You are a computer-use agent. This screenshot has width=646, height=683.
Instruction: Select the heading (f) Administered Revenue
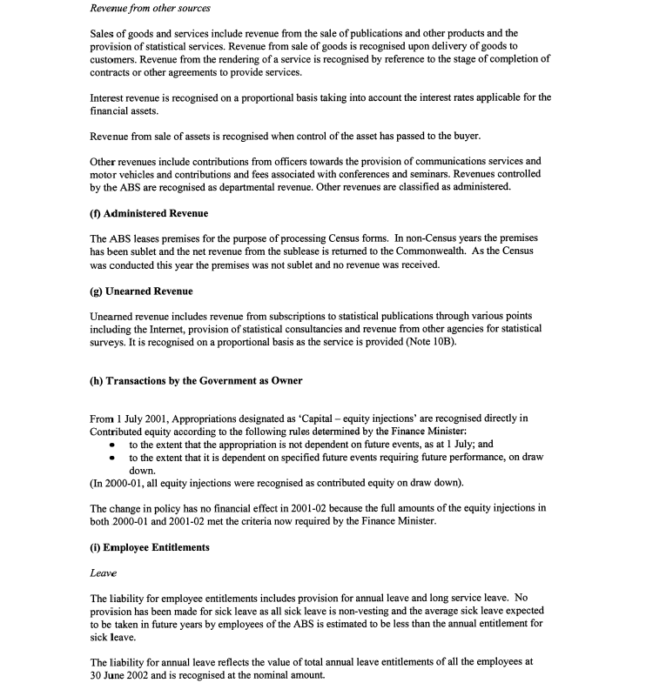click(149, 213)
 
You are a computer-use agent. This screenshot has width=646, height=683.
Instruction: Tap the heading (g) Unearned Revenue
click(141, 291)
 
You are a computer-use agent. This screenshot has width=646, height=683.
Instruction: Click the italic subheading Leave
click(103, 573)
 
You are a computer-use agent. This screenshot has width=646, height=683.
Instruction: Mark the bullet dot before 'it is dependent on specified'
click(113, 458)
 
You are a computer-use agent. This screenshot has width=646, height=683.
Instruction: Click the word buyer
click(458, 136)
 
